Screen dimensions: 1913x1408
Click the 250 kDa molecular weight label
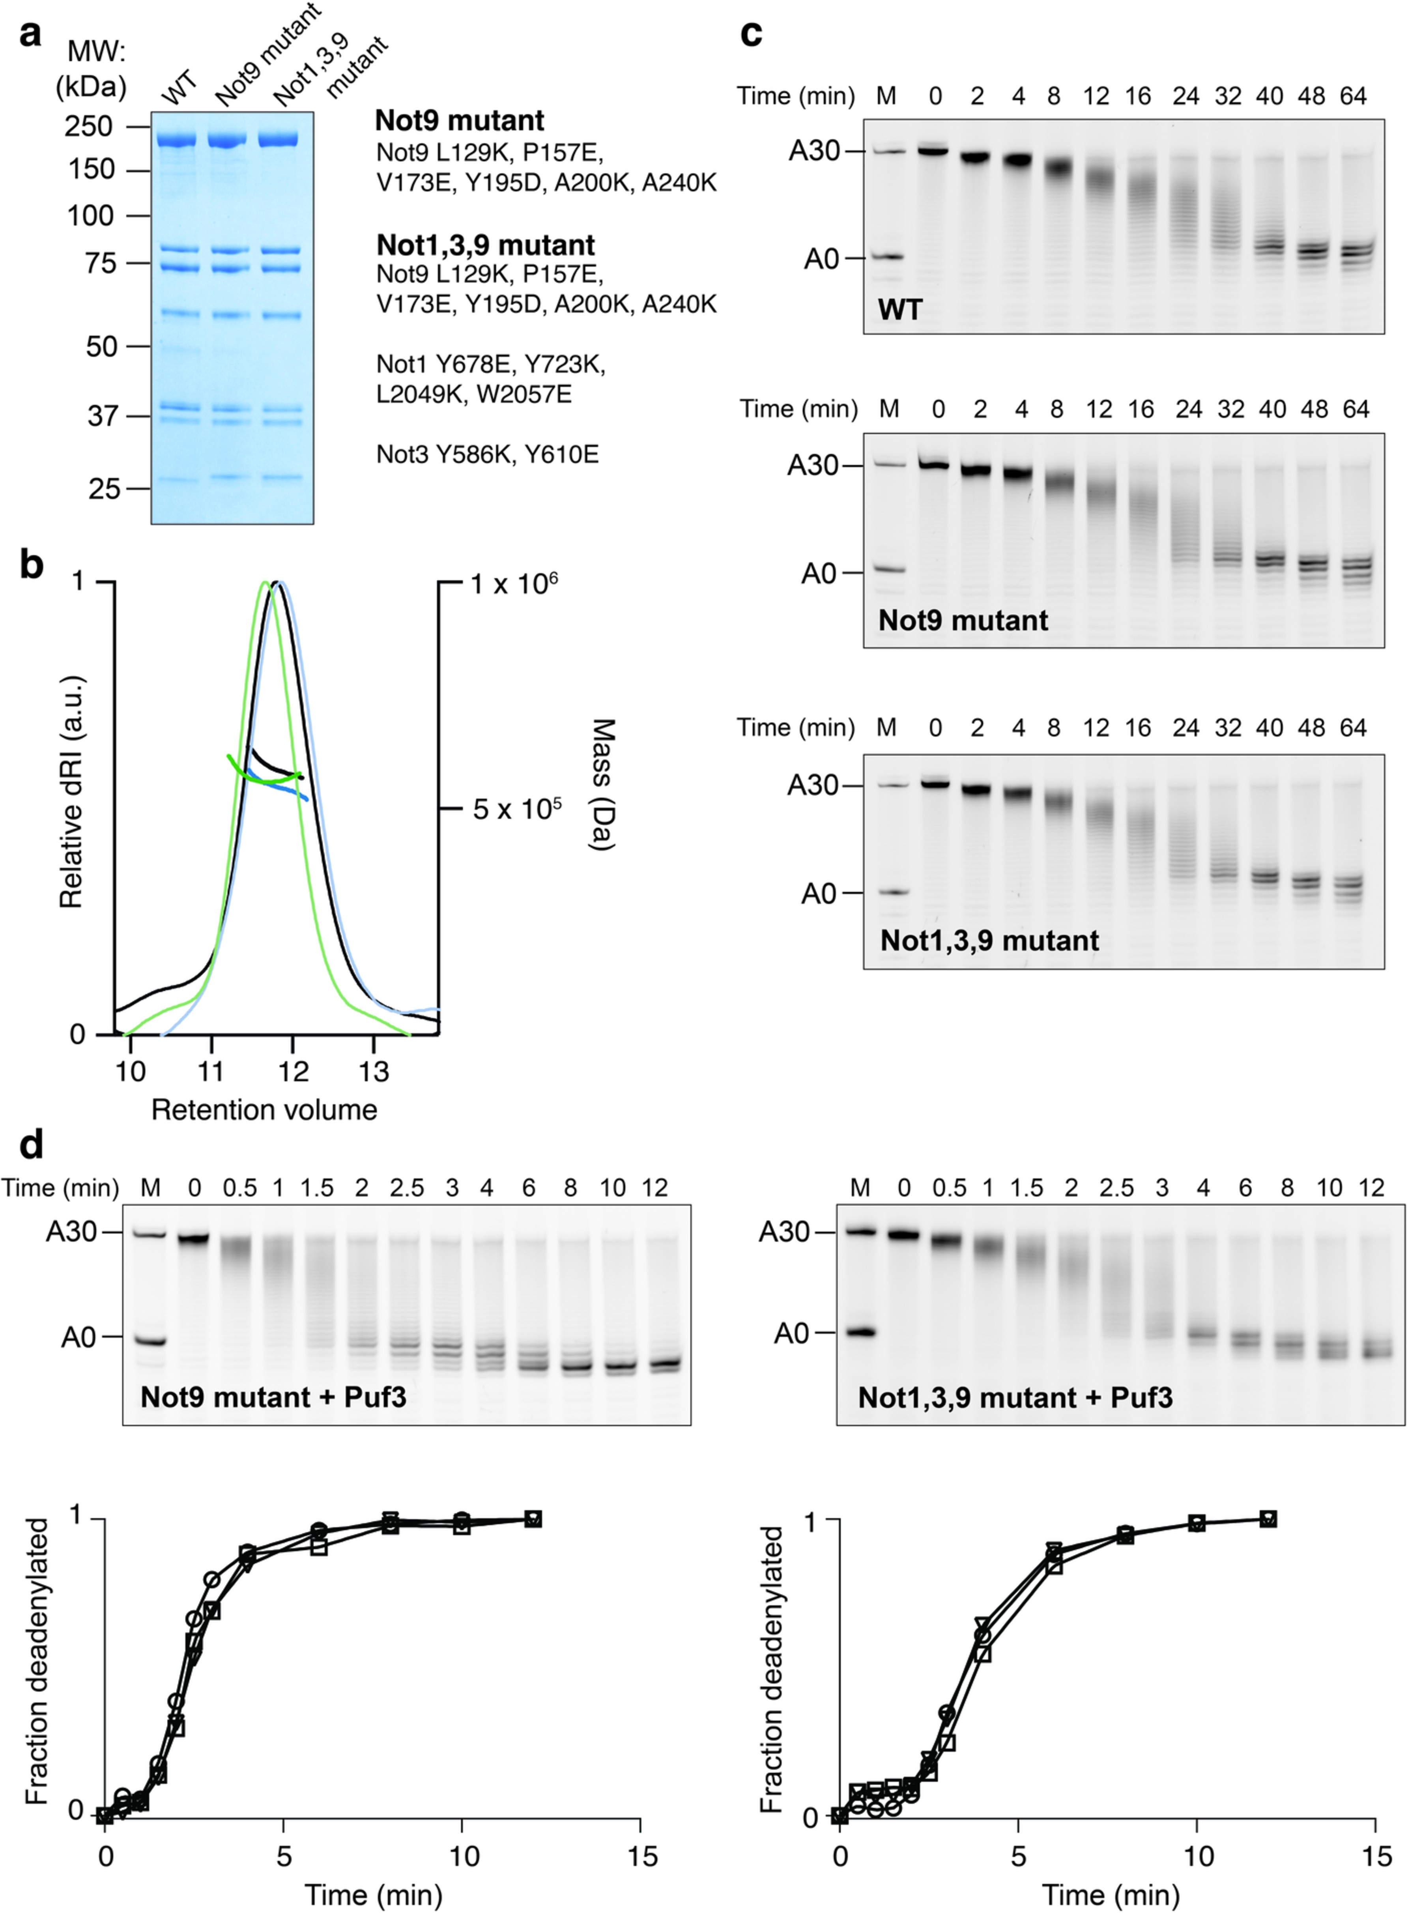[89, 126]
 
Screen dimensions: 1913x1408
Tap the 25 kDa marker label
[104, 488]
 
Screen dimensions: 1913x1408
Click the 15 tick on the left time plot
[641, 1856]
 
